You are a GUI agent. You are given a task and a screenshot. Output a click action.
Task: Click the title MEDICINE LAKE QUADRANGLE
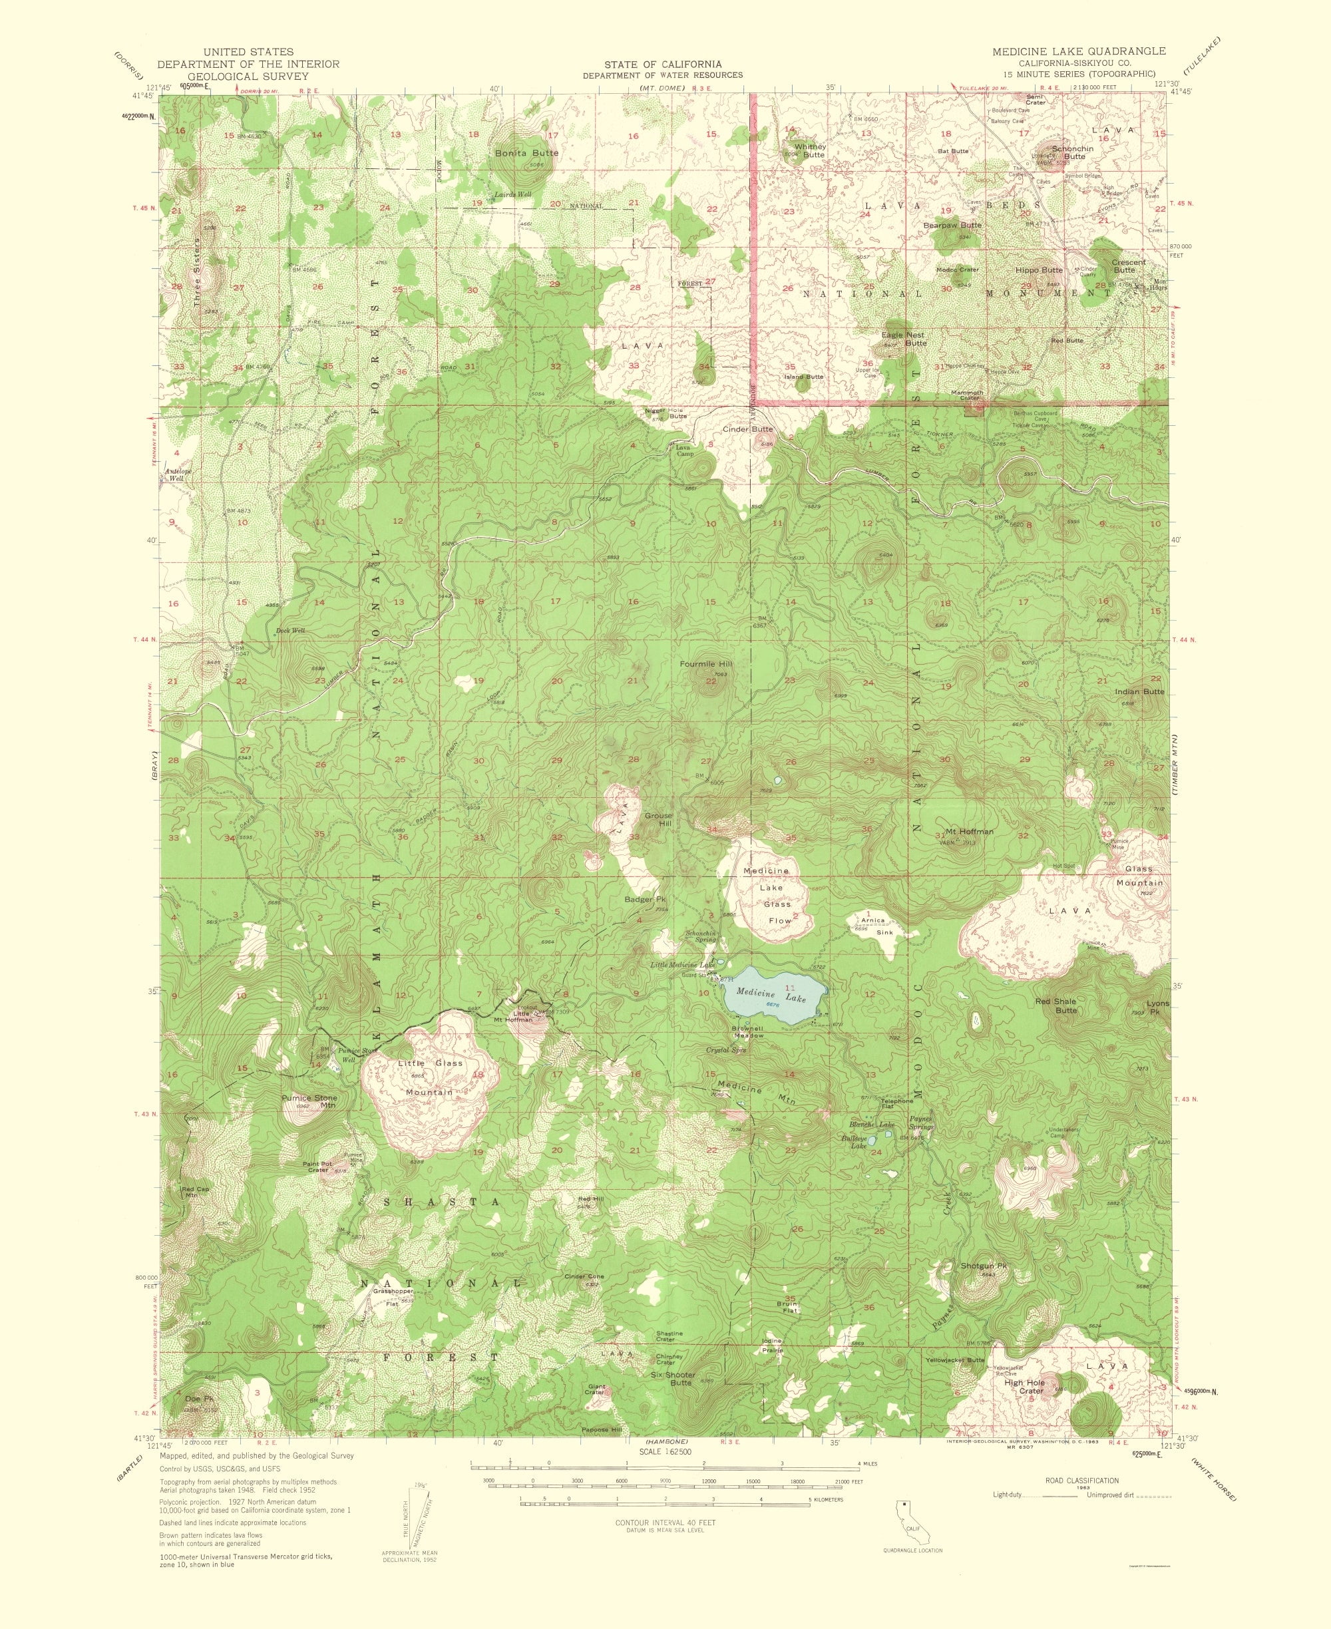1079,51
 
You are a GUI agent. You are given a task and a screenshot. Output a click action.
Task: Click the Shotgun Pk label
983,1266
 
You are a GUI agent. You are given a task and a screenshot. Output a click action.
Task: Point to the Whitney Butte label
811,150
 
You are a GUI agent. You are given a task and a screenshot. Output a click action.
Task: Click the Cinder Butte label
747,429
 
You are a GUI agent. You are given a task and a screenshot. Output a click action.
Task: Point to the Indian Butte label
1139,691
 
